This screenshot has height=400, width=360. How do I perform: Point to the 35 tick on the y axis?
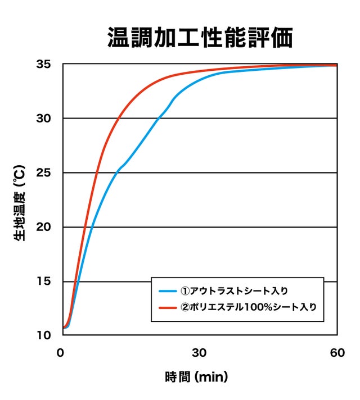coord(44,64)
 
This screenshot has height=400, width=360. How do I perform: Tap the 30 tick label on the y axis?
coord(44,119)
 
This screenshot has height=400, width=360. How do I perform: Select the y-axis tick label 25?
coord(44,173)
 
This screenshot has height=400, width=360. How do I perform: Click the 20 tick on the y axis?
coord(44,227)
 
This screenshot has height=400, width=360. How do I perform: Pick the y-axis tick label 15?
coord(44,281)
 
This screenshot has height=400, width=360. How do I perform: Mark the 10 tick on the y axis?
coord(44,335)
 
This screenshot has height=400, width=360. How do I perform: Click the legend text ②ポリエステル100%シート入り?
coord(247,307)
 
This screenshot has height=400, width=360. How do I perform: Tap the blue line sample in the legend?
coord(167,291)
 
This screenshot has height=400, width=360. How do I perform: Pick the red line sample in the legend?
coord(167,307)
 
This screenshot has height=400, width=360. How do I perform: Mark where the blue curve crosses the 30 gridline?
coord(159,119)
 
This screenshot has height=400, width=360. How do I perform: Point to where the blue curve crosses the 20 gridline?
coord(91,227)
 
